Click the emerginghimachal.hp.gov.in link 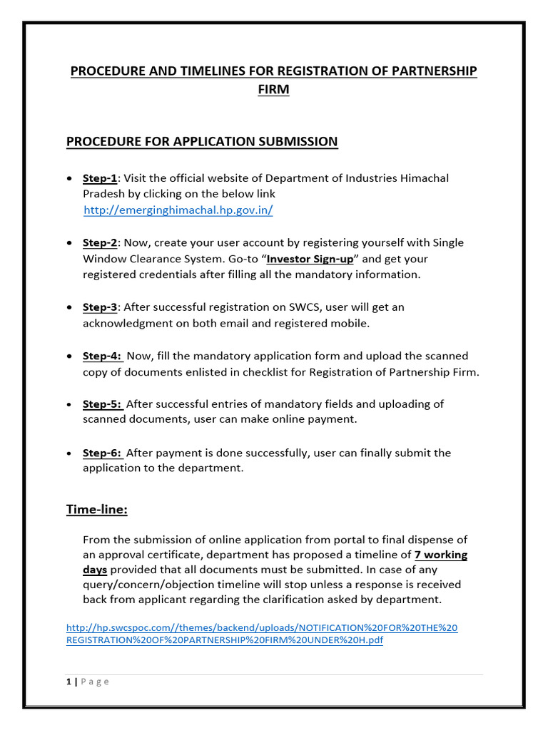[x=178, y=210]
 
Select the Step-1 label [x=99, y=178]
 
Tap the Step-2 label [x=99, y=243]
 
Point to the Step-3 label [x=99, y=307]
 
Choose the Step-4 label [x=102, y=356]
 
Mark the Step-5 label [x=102, y=404]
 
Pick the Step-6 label [x=102, y=453]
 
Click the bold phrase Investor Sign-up [x=310, y=259]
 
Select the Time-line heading [x=96, y=509]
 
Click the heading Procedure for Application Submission [x=202, y=141]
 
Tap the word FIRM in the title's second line [x=273, y=91]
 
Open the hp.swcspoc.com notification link [x=262, y=634]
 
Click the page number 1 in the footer [x=68, y=682]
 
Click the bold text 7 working [x=441, y=555]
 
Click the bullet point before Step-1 [x=68, y=178]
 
